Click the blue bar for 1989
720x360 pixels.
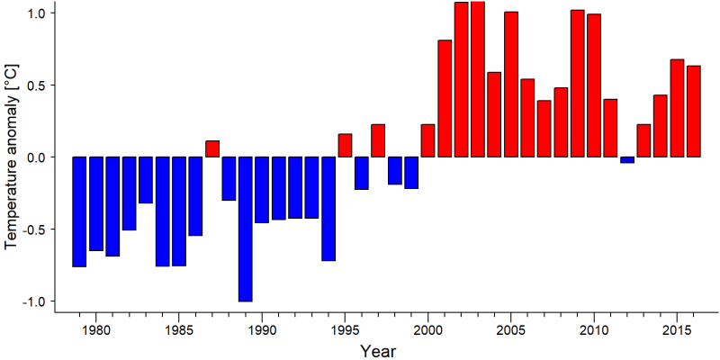(245, 229)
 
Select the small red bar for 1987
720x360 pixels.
(212, 148)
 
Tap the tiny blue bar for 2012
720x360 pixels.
(627, 160)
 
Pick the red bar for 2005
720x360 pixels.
(511, 85)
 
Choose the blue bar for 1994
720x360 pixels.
(328, 209)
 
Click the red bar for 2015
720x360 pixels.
(678, 108)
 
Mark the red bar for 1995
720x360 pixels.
(345, 145)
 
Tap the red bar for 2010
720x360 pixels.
(594, 85)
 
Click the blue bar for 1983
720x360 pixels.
(146, 179)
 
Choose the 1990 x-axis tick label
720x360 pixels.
(262, 330)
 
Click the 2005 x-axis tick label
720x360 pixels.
(511, 330)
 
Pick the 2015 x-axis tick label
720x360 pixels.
(678, 330)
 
